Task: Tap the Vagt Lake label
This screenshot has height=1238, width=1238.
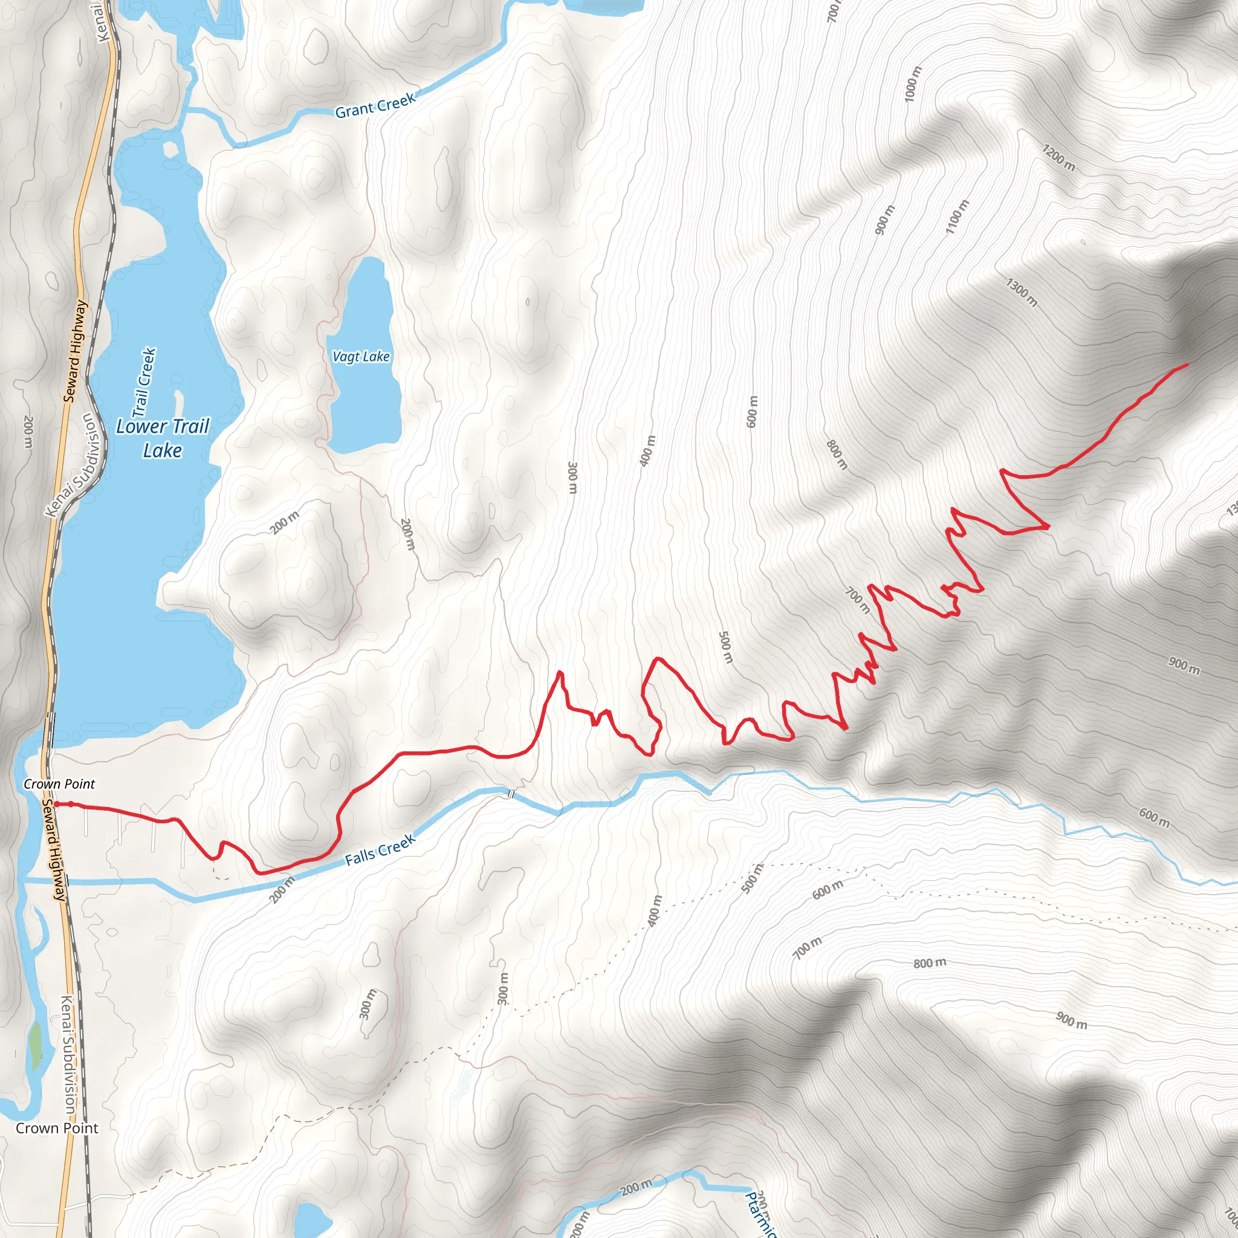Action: (x=361, y=357)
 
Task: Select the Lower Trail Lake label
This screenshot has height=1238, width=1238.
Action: (x=163, y=438)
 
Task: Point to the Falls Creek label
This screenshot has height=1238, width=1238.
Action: (x=381, y=850)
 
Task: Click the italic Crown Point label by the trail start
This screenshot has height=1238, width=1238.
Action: (x=59, y=783)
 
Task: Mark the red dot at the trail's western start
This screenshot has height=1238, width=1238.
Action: (x=56, y=803)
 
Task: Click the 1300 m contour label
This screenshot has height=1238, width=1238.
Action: (x=1022, y=292)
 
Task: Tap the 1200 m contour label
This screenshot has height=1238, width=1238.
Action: (x=1058, y=158)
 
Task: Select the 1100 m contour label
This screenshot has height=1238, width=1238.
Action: (x=958, y=216)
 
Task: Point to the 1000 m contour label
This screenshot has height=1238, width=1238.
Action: (x=913, y=83)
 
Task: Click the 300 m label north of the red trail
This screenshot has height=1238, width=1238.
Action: (x=573, y=478)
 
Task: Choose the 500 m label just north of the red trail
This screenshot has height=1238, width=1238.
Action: (x=725, y=647)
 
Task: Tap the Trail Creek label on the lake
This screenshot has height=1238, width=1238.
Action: (x=144, y=381)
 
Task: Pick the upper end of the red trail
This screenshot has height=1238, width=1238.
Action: (x=1187, y=365)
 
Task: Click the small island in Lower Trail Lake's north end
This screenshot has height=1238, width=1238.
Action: (x=171, y=149)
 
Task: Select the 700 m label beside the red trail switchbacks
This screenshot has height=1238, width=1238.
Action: (x=857, y=600)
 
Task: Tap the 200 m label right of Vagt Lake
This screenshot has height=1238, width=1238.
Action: (x=407, y=534)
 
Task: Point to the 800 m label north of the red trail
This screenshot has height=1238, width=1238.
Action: (x=837, y=455)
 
